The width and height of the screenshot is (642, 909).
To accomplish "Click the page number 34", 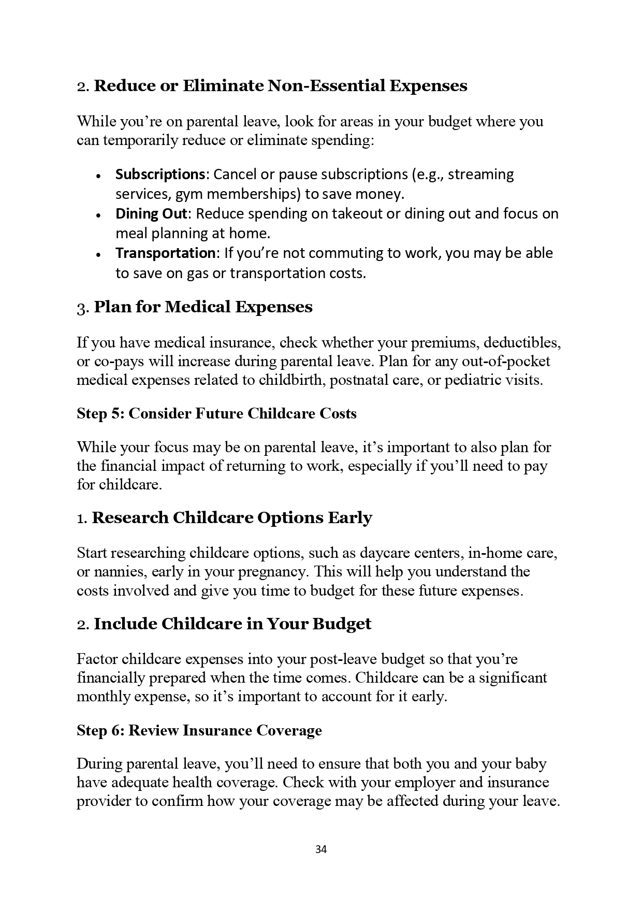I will click(321, 849).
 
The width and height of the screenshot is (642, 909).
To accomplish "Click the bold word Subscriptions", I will click(160, 174).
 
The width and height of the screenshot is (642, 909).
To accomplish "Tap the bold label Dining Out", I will click(153, 213).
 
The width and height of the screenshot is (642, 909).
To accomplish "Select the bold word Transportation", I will click(165, 253).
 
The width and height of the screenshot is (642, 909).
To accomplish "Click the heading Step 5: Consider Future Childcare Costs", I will click(216, 413).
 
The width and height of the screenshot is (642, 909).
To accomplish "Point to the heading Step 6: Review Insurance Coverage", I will click(199, 730).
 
